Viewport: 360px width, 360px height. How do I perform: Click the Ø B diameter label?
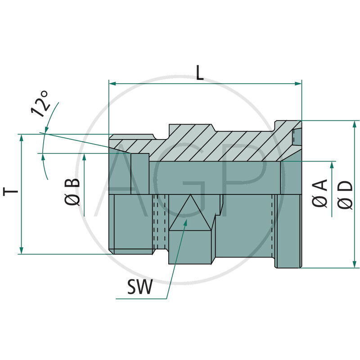[x=73, y=192]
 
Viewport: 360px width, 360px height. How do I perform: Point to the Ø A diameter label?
[x=320, y=193]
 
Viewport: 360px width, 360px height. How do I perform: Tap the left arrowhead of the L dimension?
[x=112, y=83]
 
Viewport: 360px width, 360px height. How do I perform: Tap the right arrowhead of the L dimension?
[x=298, y=83]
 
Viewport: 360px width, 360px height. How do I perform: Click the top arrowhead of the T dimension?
[x=21, y=137]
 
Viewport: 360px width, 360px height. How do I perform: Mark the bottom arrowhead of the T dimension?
[x=21, y=251]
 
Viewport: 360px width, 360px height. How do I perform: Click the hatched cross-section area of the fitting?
[x=216, y=144]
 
